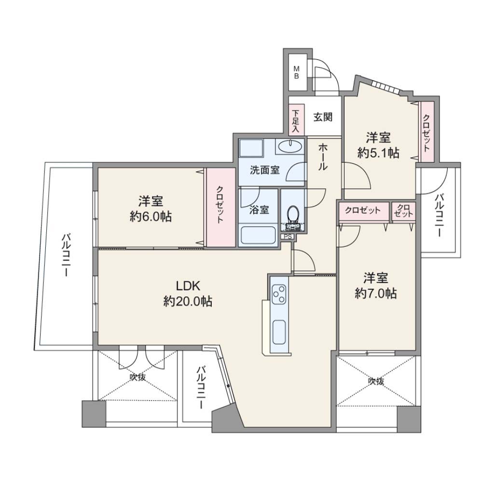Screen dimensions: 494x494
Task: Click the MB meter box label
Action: coord(297,72)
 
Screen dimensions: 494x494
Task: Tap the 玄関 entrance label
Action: coord(323,117)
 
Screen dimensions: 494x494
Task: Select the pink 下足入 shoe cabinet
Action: coord(296,120)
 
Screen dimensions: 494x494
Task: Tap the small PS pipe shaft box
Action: coord(287,236)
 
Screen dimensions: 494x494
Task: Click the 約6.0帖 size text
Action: coord(151,217)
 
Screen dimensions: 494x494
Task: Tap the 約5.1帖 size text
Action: coord(378,153)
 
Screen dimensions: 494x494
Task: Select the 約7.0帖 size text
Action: coord(376,294)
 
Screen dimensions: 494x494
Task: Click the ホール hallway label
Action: coord(323,157)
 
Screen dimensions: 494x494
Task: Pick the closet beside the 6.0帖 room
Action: coord(221,207)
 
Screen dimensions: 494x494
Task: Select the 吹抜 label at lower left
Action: coord(138,377)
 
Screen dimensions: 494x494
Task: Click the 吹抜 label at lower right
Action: coord(376,381)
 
